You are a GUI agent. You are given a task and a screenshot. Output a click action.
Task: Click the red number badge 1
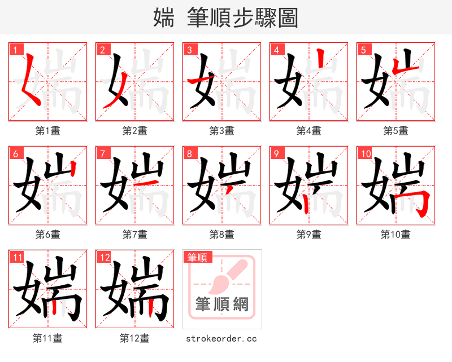coord(15,49)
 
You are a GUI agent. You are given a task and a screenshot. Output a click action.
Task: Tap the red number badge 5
coord(363,49)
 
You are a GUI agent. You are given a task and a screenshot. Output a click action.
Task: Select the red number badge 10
coord(364,153)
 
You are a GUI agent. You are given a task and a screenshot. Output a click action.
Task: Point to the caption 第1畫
coord(48,131)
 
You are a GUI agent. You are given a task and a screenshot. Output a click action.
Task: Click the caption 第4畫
coord(309,131)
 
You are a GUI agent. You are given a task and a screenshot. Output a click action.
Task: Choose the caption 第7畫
coord(135,234)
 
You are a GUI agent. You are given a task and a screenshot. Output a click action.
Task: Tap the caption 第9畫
coord(309,234)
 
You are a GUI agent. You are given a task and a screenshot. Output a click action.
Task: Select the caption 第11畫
coord(48,338)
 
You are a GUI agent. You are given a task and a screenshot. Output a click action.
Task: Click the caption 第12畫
coord(135,338)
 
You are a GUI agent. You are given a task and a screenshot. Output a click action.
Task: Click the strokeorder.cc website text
coord(221,338)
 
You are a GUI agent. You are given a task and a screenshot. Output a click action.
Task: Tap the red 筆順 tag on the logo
coord(197,257)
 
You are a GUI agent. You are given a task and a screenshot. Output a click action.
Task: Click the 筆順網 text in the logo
coord(222,304)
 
